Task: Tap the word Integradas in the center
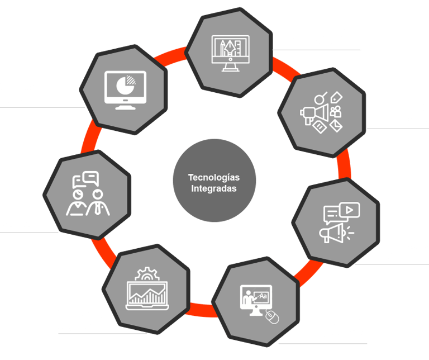click(214, 188)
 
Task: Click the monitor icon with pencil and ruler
click(229, 52)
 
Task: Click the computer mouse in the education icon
click(271, 318)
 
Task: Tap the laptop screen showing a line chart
click(146, 293)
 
